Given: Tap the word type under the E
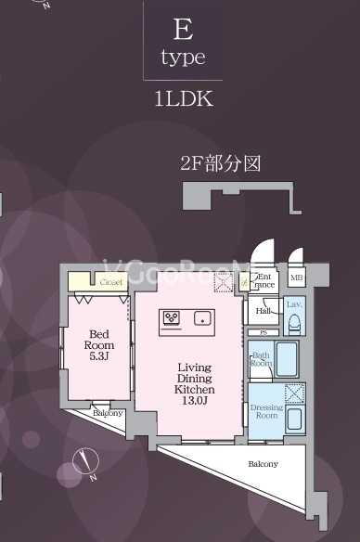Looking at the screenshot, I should pos(183,58).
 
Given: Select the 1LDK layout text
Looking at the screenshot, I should pos(183,99).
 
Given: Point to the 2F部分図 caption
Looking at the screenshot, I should pos(220,164).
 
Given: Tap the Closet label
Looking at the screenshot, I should pos(111,280).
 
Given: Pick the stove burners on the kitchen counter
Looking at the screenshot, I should pos(172,317).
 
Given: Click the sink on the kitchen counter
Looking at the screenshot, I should pos(200,318).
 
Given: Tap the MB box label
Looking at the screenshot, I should pos(297,277).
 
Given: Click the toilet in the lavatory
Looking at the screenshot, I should pos(294,323).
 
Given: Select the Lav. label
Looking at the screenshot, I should pos(294,304).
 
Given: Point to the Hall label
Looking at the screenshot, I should pos(264,312).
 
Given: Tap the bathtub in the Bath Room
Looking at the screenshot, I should pos(286,358).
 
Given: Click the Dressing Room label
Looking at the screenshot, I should pos(266,410).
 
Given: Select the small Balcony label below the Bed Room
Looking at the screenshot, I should pos(109,412).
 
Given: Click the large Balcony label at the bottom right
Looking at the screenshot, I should pos(262,463).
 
